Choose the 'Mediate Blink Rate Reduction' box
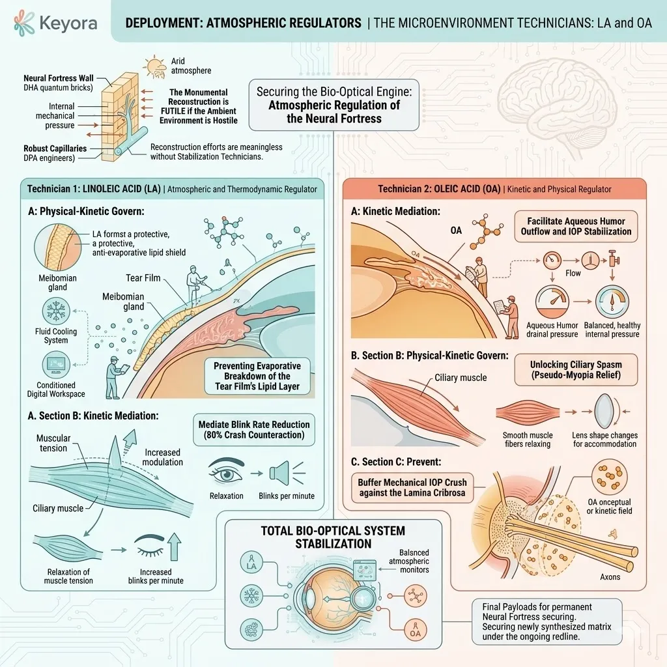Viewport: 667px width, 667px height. [x=254, y=429]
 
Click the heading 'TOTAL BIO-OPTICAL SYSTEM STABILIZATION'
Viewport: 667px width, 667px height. [x=333, y=536]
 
